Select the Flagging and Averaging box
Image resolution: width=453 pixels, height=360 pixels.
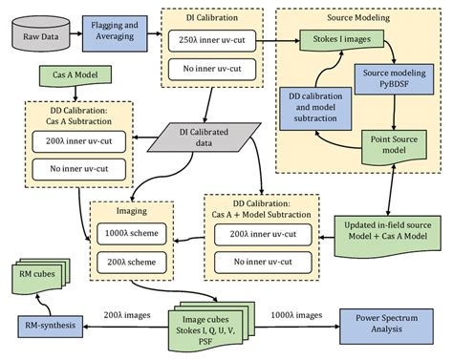pyautogui.click(x=119, y=34)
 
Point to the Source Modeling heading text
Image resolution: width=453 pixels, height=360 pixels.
pyautogui.click(x=361, y=17)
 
